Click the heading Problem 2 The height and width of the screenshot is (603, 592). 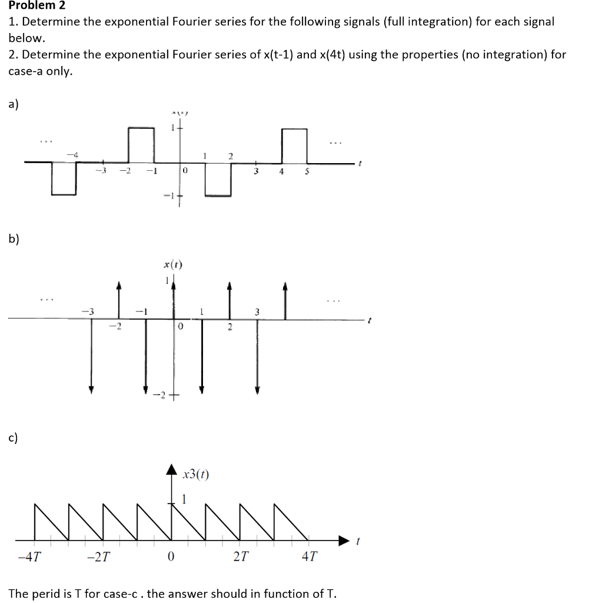point(37,6)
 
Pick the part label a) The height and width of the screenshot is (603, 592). point(14,104)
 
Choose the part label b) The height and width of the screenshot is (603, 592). point(14,238)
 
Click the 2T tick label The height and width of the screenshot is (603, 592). point(240,556)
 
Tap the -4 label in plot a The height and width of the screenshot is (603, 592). point(72,154)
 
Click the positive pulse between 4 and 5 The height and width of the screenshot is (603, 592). point(294,145)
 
